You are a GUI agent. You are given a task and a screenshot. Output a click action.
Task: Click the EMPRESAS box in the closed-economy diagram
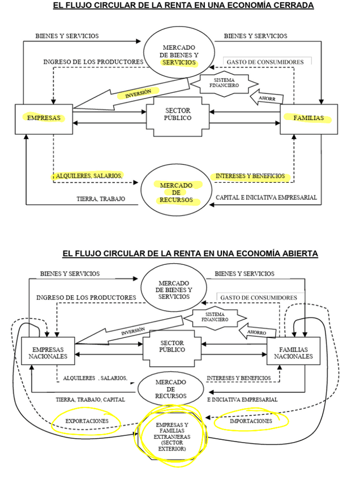[44, 119]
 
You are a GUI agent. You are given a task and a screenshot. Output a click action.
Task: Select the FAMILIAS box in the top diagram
[308, 119]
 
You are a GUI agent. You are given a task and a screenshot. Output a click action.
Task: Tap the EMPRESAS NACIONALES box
[48, 353]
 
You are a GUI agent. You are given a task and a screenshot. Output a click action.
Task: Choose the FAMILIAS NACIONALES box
[293, 353]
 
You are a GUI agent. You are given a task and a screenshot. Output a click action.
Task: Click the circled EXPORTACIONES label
[87, 421]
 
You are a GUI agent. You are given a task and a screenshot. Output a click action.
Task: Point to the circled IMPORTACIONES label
[251, 421]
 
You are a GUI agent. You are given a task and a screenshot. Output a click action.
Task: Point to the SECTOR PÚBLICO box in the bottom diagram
[172, 346]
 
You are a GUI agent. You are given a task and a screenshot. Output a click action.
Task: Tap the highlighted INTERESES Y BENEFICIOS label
[250, 176]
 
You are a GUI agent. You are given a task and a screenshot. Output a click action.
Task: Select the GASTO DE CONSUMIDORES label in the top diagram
[265, 62]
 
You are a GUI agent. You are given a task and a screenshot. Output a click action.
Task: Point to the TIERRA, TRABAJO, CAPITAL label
[90, 399]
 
